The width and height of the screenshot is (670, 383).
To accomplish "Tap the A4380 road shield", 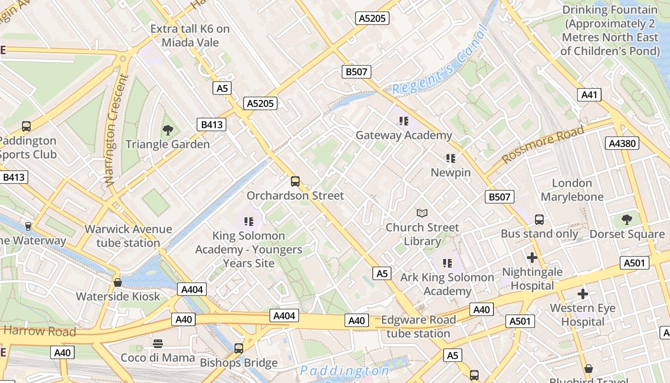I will click(622, 143).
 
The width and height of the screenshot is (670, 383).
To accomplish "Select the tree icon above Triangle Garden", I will click(167, 130).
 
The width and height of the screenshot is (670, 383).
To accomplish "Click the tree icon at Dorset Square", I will click(627, 220).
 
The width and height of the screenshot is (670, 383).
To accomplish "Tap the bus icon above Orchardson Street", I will click(295, 181).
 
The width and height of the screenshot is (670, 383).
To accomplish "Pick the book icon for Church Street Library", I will click(422, 213).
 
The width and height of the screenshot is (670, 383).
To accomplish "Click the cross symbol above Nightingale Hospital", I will click(532, 258).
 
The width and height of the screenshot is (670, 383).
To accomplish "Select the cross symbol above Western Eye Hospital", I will click(582, 293).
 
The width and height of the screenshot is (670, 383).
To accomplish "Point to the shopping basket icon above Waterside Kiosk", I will click(118, 282).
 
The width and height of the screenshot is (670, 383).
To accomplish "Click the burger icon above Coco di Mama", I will click(158, 343).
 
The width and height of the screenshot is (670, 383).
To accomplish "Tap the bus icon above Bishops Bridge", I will click(238, 348).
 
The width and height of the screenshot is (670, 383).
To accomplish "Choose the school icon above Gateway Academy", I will click(403, 121).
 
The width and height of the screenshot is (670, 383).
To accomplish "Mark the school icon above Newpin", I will click(450, 158).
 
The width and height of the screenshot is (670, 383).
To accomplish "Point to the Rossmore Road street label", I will click(543, 144).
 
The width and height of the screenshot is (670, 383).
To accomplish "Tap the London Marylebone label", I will click(572, 190).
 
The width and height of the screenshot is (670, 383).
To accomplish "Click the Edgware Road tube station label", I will click(418, 327).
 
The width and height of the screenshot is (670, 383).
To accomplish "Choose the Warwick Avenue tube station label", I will click(128, 236).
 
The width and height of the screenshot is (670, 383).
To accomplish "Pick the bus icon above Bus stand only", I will click(539, 220).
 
